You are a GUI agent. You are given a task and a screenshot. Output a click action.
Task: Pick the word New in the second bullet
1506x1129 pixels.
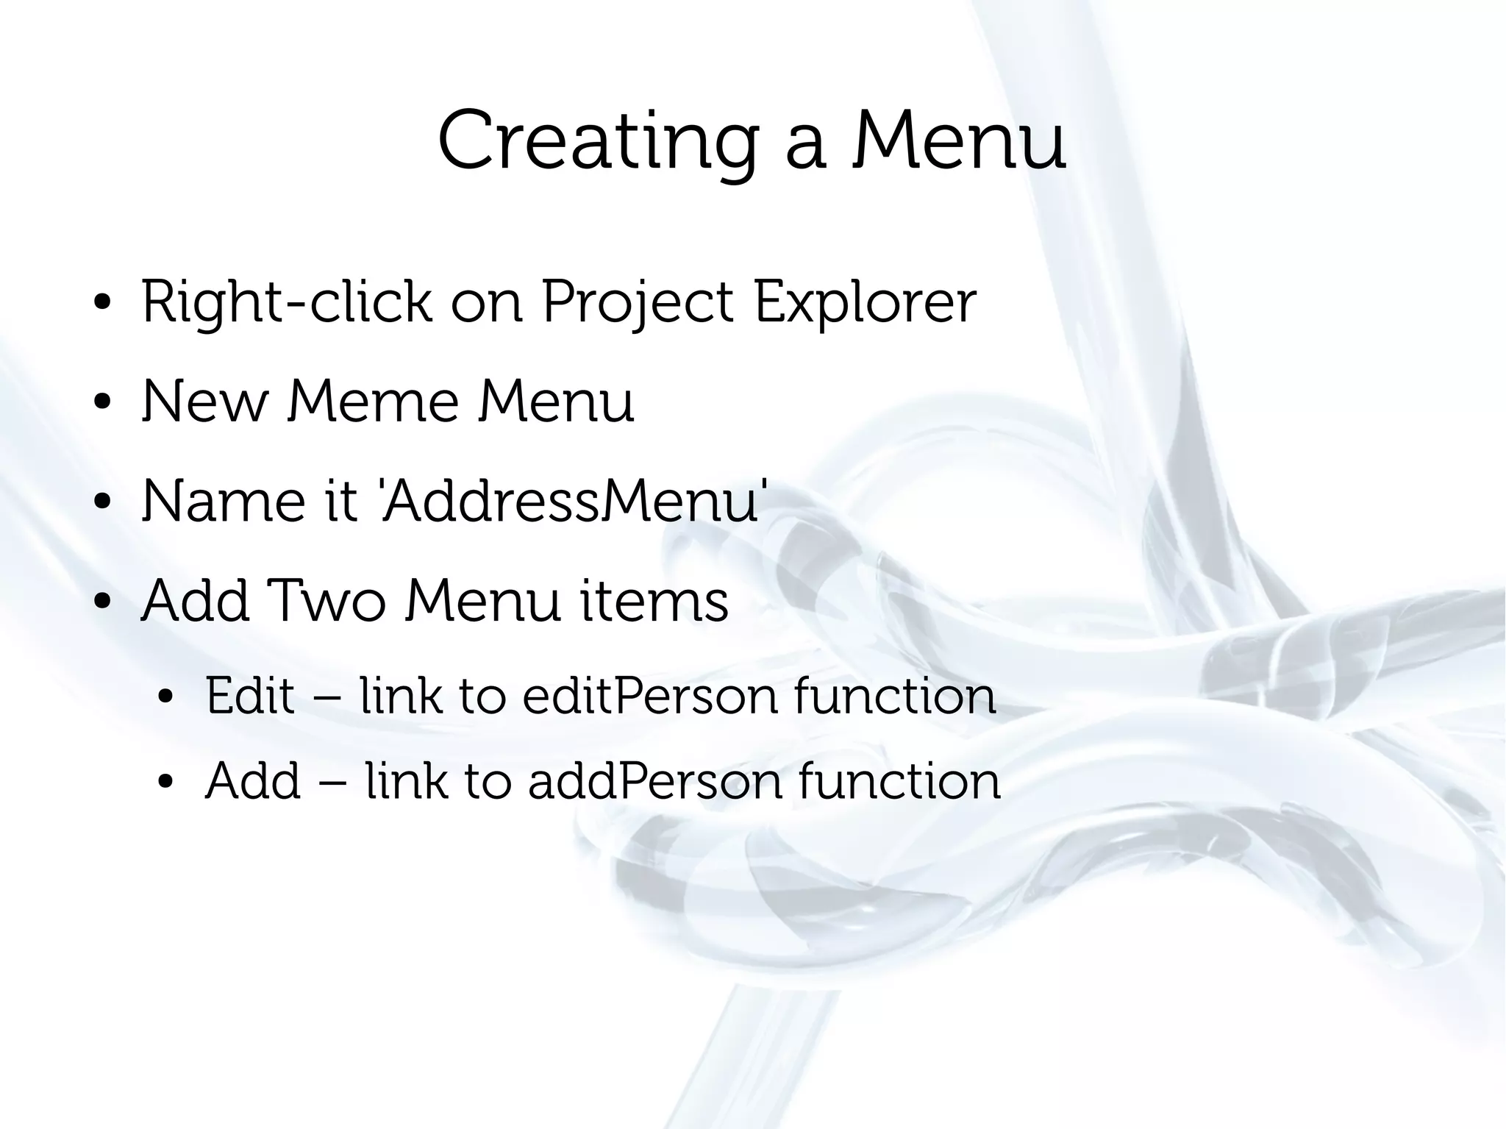(204, 402)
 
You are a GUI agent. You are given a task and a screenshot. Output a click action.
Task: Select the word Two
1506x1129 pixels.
(326, 601)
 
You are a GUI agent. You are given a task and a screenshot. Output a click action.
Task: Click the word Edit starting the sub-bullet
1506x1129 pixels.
(250, 696)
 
